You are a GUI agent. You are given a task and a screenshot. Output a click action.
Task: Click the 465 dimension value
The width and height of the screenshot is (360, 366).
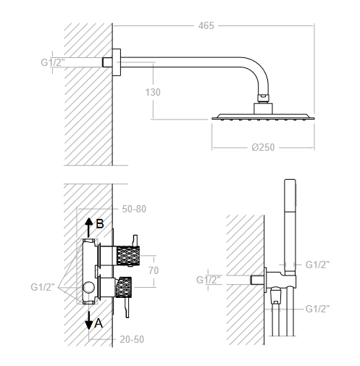[x=206, y=25]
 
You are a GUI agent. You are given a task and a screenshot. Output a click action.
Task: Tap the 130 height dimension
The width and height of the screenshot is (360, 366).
[x=153, y=92]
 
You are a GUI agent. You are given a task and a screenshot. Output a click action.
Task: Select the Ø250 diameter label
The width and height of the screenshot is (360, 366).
[x=263, y=147]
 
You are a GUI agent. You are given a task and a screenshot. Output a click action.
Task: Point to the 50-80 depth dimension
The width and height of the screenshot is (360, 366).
[x=134, y=209]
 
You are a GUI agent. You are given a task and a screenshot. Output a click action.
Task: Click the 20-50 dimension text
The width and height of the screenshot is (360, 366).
[x=132, y=339]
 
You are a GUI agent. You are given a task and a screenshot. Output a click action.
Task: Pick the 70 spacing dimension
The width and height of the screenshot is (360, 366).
[x=154, y=270]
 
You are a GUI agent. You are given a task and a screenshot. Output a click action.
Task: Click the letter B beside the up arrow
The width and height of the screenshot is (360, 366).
[x=100, y=224]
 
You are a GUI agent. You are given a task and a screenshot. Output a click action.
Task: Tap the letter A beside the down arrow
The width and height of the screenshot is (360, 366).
[x=99, y=323]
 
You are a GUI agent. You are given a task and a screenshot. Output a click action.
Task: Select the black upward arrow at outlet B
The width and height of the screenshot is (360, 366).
[x=89, y=228]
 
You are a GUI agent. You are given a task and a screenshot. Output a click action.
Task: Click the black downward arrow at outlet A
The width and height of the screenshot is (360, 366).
[x=89, y=320]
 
